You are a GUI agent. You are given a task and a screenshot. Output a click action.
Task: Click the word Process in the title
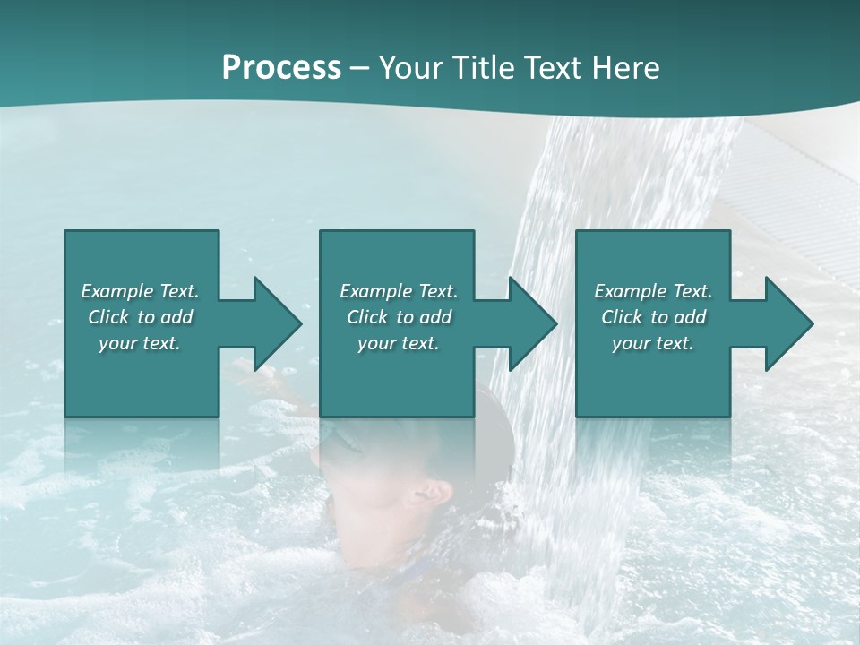click(x=281, y=68)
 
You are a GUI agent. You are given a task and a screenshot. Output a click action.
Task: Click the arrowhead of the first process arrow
click(x=277, y=323)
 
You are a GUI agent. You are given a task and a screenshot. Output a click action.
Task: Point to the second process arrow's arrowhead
click(x=532, y=323)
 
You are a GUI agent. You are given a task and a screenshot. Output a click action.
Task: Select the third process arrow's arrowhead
click(x=788, y=323)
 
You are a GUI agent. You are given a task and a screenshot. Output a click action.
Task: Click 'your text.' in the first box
click(x=140, y=343)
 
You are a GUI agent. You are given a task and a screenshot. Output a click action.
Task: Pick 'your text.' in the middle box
click(x=399, y=343)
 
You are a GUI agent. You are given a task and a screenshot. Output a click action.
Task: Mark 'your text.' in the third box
click(x=653, y=343)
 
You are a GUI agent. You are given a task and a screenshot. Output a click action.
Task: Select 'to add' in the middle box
click(x=423, y=317)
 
